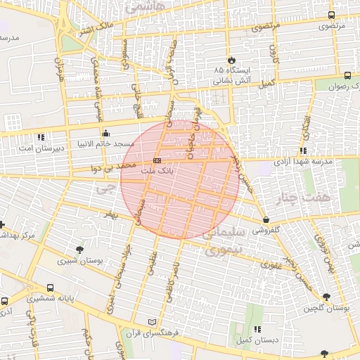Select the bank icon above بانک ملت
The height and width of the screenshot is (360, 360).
click(156, 161)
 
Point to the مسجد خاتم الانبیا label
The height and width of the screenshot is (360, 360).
click(129, 143)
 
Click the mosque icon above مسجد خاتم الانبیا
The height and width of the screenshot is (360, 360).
click(105, 133)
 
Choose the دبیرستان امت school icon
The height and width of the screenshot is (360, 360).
click(41, 138)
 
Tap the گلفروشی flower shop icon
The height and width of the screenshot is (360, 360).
click(265, 220)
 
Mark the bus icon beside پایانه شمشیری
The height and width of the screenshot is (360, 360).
click(50, 288)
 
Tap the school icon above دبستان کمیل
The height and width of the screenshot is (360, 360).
click(257, 329)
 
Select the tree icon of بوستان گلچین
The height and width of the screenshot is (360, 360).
click(326, 297)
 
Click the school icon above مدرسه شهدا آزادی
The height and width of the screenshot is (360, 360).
click(302, 151)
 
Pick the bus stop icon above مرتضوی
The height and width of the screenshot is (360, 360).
click(332, 15)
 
